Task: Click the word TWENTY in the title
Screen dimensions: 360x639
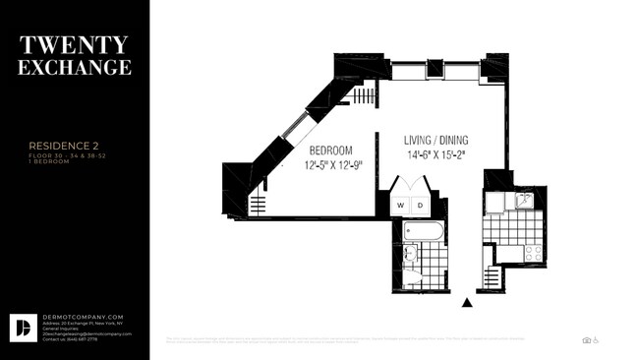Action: point(75,45)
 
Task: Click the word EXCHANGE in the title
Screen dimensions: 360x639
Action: point(75,68)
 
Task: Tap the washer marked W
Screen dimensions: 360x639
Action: point(400,205)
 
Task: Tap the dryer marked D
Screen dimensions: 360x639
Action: point(419,205)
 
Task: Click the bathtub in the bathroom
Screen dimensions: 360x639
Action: point(425,232)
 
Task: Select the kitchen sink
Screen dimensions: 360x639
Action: point(525,201)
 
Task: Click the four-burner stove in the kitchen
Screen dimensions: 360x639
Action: point(533,253)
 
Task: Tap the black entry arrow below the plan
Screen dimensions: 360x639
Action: point(467,303)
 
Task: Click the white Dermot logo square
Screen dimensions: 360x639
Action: point(23,328)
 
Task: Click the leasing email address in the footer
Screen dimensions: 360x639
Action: point(87,333)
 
